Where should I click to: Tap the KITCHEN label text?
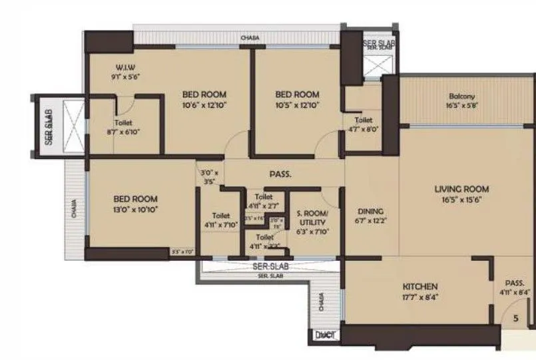[419, 287]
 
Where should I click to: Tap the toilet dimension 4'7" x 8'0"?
[364, 130]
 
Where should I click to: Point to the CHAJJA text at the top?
[250, 39]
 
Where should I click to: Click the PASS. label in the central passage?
[281, 174]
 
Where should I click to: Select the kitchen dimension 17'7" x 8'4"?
[419, 297]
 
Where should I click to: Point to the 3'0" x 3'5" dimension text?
[210, 176]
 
